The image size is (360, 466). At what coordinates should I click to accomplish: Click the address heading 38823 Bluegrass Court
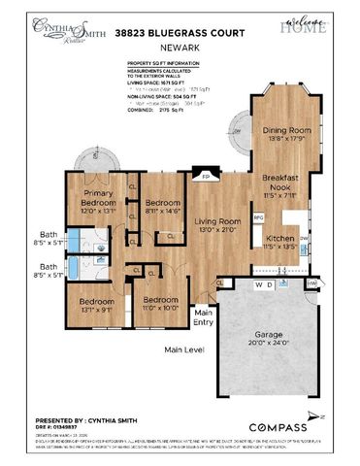[180, 32]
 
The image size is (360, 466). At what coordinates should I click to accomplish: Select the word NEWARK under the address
[180, 48]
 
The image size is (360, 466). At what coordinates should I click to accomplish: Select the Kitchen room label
[280, 241]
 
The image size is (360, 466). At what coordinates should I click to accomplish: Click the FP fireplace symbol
[205, 175]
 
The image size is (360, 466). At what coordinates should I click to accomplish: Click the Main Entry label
[204, 317]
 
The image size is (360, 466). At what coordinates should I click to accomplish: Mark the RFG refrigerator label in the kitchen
[258, 217]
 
